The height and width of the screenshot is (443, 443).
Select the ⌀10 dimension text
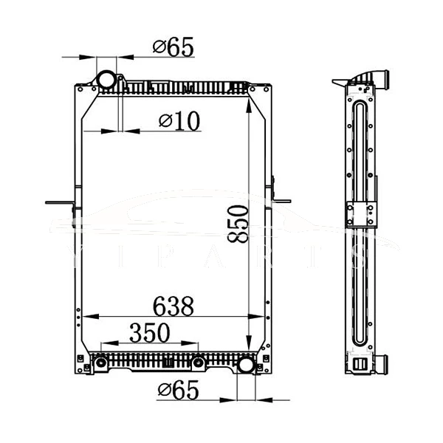[179, 121]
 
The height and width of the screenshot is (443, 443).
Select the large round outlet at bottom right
[246, 365]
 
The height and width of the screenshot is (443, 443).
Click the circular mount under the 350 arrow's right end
[198, 363]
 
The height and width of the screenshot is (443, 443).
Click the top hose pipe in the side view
[384, 77]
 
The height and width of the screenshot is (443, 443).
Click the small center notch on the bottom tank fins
[168, 363]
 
